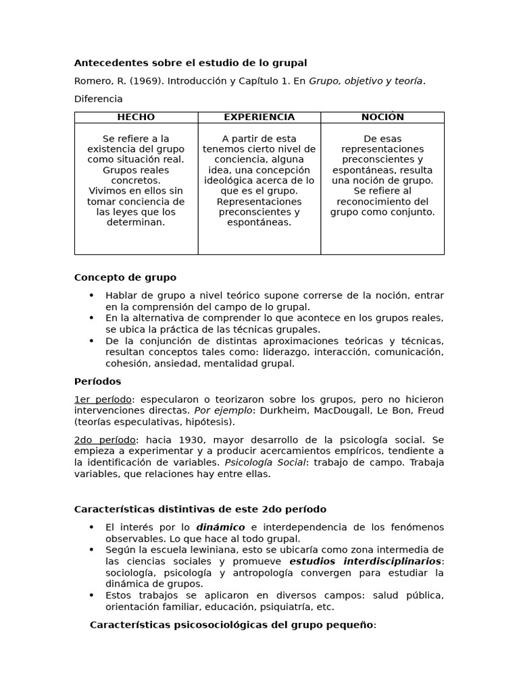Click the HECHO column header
pyautogui.click(x=136, y=117)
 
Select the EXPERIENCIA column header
pyautogui.click(x=259, y=117)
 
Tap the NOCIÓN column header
pyautogui.click(x=382, y=117)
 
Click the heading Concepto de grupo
pyautogui.click(x=125, y=277)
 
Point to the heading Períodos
pyautogui.click(x=97, y=381)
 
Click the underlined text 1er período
pyautogui.click(x=103, y=399)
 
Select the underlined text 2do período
pyautogui.click(x=105, y=440)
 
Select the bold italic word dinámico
pyautogui.click(x=220, y=527)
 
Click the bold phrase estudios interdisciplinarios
pyautogui.click(x=366, y=561)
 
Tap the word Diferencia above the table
pyautogui.click(x=98, y=99)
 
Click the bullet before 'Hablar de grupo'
pyautogui.click(x=92, y=296)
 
